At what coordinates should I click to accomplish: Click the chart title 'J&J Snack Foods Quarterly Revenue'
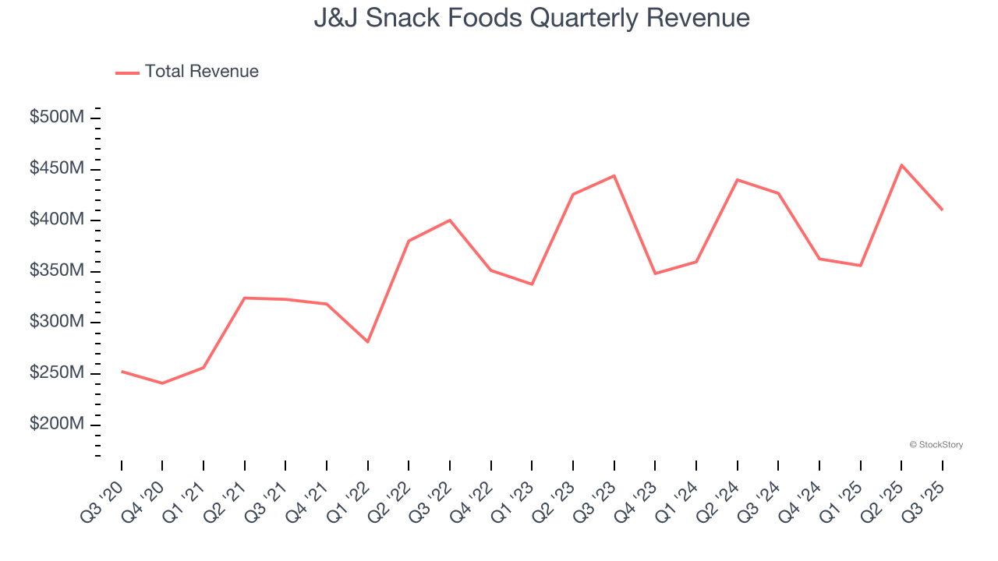532,18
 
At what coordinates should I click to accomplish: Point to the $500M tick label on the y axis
57,118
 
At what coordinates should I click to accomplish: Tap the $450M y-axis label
57,169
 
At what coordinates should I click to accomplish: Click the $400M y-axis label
57,220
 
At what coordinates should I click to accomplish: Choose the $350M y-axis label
57,271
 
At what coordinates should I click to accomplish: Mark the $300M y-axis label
57,322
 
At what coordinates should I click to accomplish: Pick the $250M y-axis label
57,373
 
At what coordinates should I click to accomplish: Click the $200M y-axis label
57,424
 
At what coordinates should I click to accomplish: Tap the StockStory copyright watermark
936,445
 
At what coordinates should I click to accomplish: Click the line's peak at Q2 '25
901,165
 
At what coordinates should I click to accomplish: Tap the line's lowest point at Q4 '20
162,383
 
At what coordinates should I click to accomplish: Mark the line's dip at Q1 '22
367,342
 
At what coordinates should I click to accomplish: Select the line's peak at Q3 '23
614,175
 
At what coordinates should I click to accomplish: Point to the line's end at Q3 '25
943,210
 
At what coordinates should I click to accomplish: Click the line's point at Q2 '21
245,298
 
